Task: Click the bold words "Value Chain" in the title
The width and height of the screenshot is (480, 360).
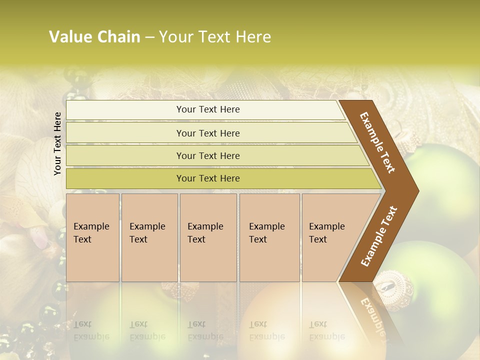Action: [x=94, y=37]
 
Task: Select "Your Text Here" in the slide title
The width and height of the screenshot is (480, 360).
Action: [x=214, y=37]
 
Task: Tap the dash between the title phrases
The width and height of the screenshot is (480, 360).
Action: [x=149, y=37]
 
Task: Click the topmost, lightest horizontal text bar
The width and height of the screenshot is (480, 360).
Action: [x=207, y=109]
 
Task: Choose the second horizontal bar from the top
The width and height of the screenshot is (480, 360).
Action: [x=207, y=133]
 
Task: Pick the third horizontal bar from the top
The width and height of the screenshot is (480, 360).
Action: [x=207, y=155]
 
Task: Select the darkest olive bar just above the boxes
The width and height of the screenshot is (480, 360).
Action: [x=207, y=178]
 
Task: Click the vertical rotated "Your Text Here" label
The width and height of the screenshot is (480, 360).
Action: [x=57, y=143]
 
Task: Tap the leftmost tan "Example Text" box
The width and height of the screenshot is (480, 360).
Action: [x=92, y=237]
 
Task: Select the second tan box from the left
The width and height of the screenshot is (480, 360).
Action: [x=149, y=237]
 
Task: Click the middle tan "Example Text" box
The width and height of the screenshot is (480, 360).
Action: [x=208, y=237]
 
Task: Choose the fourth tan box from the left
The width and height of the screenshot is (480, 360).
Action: [x=269, y=237]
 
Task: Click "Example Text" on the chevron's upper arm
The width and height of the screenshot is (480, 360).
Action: [x=377, y=142]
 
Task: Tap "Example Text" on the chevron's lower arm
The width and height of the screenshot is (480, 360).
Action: [x=379, y=236]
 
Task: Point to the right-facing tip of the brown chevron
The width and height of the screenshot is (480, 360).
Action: [x=417, y=191]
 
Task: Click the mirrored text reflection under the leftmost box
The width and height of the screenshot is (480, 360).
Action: [x=91, y=330]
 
